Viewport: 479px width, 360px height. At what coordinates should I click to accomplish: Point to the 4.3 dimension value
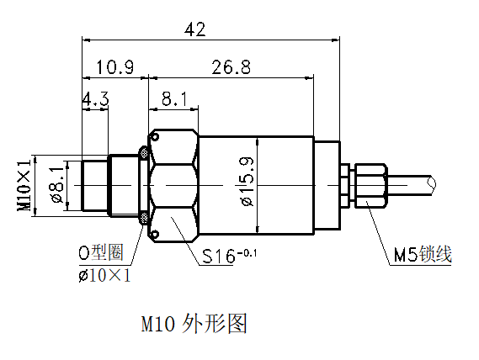pyautogui.click(x=95, y=99)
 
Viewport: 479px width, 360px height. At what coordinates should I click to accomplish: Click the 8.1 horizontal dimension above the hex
pyautogui.click(x=173, y=99)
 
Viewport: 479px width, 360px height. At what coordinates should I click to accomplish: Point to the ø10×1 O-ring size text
pyautogui.click(x=104, y=275)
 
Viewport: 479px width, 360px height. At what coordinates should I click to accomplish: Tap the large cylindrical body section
pyautogui.click(x=278, y=185)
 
